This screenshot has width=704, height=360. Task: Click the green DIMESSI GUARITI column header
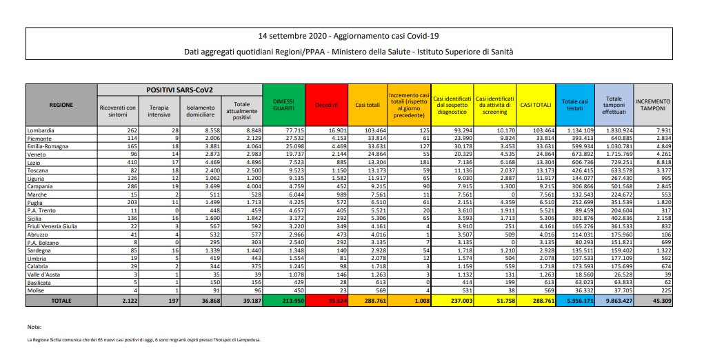pos(284,105)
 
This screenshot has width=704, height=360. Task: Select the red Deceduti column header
pos(326,105)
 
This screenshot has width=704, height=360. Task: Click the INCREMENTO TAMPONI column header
pos(652,105)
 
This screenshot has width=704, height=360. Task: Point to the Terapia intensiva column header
pos(159,110)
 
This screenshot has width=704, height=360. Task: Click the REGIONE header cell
pos(61,105)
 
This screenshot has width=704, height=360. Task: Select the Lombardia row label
pos(41,130)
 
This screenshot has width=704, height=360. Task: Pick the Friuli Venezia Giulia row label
pos(52,226)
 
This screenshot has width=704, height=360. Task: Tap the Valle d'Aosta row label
pos(43,274)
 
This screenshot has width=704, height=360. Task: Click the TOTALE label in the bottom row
pos(61,301)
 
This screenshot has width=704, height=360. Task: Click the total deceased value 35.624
pos(326,301)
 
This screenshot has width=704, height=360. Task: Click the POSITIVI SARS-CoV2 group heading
pos(179,90)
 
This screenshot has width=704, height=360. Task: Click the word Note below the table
pos(34,326)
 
